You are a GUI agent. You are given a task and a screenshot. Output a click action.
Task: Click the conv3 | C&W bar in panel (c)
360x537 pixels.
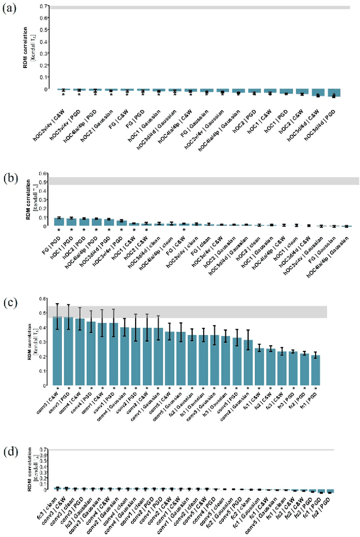point(57,351)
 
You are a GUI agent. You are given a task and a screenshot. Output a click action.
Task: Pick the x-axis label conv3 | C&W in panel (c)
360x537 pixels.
point(49,403)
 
